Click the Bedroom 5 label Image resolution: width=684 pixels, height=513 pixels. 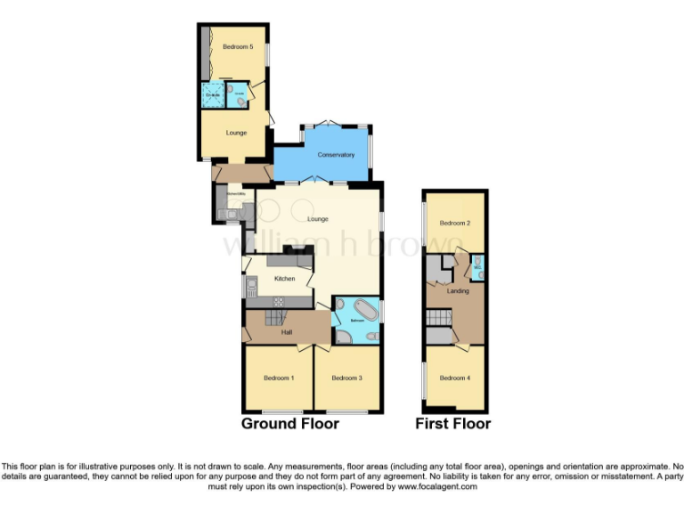coord(232,46)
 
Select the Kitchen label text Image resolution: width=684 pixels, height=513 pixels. coord(284,279)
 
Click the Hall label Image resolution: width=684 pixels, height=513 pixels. coord(287,332)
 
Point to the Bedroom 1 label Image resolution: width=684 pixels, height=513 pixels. coord(278,379)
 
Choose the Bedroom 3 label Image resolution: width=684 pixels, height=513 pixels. coord(346,379)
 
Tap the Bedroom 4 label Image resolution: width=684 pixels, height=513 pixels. coord(455,378)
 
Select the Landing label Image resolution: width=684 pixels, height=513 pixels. coord(458,290)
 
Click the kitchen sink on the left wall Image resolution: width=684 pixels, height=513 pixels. coord(251,287)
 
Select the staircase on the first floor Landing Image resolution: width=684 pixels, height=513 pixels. coord(437,318)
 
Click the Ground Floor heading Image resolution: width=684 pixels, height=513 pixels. coord(289,424)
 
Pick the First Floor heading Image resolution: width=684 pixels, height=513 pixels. coord(452,424)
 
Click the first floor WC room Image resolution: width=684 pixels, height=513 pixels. coord(477,265)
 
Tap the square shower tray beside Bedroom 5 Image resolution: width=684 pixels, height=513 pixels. coord(214,94)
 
